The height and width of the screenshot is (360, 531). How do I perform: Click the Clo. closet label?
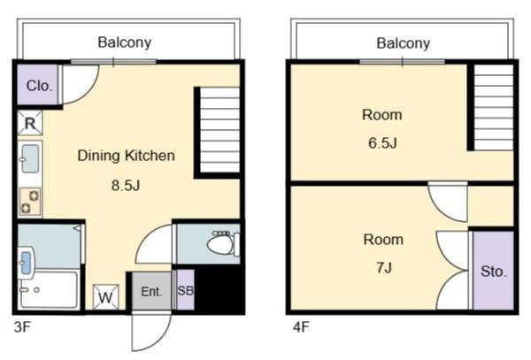click(x=39, y=86)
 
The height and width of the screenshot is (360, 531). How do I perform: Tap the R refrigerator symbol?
click(x=30, y=123)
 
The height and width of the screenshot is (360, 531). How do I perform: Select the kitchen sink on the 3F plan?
click(x=30, y=159)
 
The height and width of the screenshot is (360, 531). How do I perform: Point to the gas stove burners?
click(x=31, y=202)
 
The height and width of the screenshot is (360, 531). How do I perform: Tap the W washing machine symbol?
click(x=104, y=296)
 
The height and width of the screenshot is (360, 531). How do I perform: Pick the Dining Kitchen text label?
click(x=126, y=156)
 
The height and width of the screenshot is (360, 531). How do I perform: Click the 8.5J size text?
click(x=125, y=187)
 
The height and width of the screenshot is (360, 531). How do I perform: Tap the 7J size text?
click(x=383, y=268)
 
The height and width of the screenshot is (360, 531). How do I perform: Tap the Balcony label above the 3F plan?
click(x=125, y=42)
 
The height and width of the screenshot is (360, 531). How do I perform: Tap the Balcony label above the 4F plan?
click(x=403, y=42)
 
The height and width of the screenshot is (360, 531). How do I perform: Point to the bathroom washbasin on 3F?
click(x=27, y=263)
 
